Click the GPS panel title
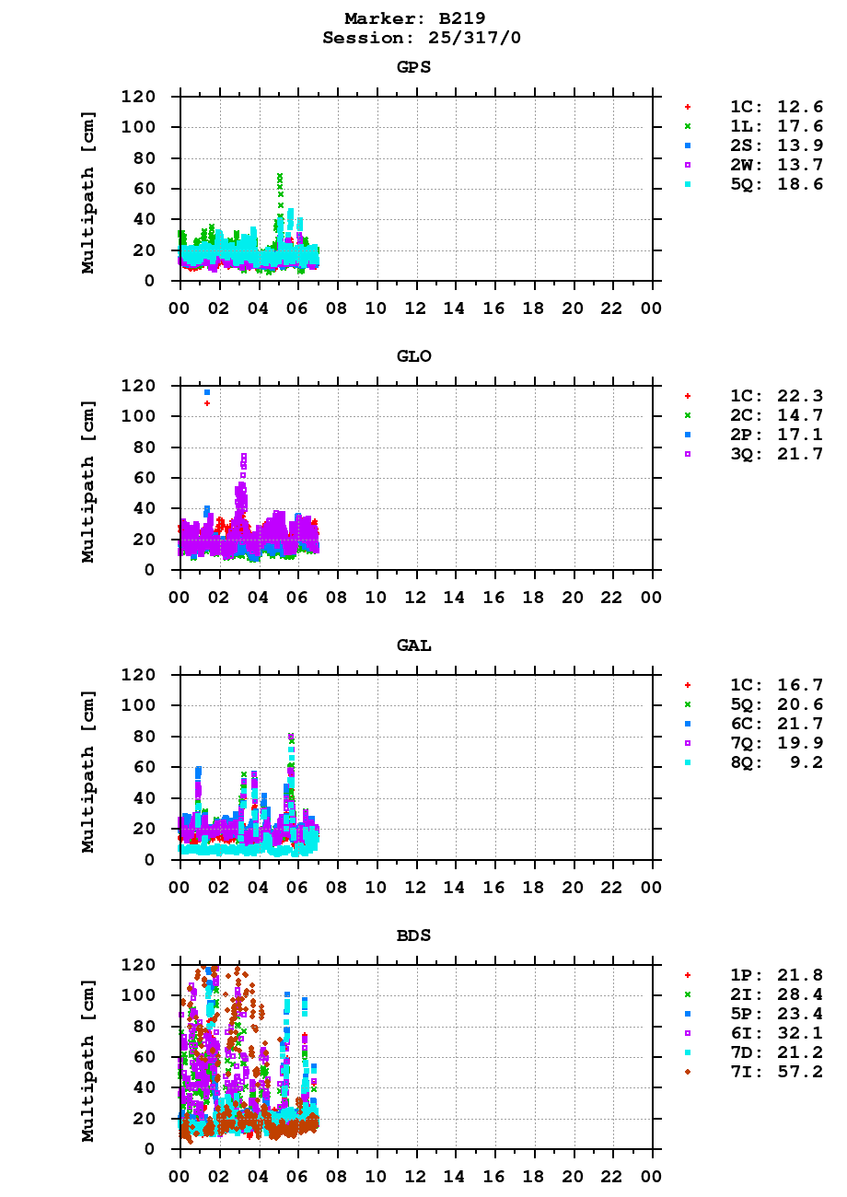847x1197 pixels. [x=414, y=67]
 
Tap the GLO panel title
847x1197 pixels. [x=414, y=356]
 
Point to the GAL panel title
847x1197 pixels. [x=414, y=645]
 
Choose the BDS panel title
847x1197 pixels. [x=414, y=936]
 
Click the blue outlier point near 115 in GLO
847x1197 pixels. [x=207, y=392]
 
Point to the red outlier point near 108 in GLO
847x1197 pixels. [x=207, y=403]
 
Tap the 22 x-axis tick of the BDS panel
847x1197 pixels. [x=612, y=1176]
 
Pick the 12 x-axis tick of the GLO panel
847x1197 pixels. [x=415, y=597]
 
